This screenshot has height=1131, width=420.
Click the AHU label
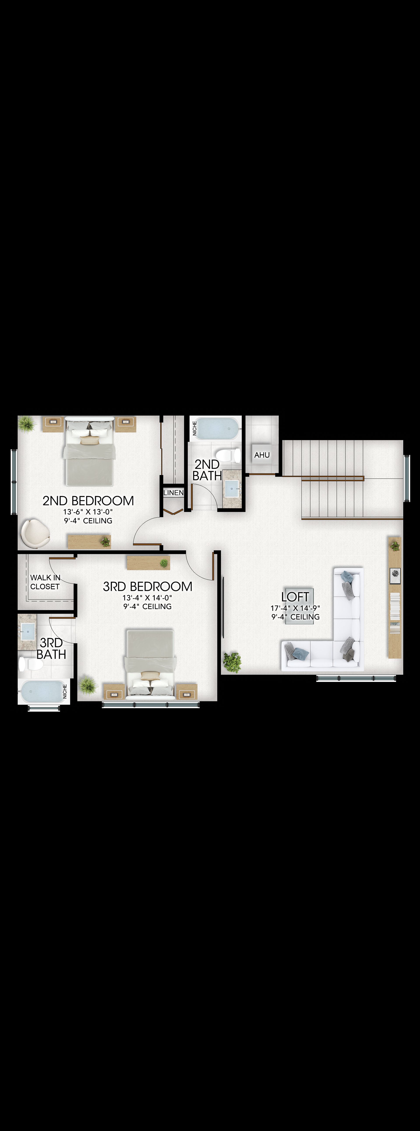point(262,455)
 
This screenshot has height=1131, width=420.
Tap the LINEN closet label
point(173,493)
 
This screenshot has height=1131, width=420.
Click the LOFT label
point(295,597)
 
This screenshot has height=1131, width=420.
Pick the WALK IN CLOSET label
point(45,582)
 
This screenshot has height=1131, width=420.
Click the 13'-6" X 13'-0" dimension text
point(88,512)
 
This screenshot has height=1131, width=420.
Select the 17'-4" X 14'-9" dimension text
point(295,608)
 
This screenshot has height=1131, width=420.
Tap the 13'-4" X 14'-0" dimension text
point(147,597)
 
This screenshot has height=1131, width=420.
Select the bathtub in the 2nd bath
point(217,428)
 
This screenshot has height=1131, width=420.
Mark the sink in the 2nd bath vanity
point(232,488)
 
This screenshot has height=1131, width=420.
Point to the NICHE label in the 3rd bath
point(65,692)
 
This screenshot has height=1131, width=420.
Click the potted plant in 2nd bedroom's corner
point(26,424)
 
